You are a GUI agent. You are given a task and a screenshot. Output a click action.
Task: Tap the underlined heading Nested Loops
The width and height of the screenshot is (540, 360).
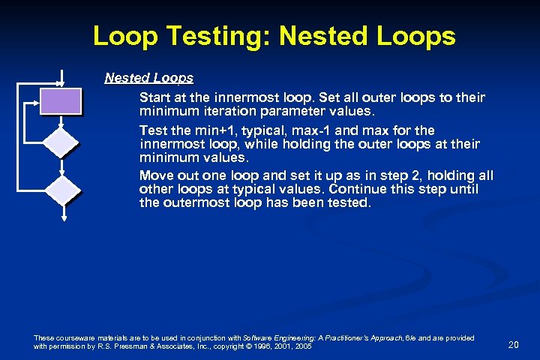point(148,78)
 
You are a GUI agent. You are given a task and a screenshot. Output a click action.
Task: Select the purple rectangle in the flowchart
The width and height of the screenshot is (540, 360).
point(61,100)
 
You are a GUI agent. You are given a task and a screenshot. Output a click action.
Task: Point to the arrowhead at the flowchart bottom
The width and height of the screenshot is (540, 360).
point(63,218)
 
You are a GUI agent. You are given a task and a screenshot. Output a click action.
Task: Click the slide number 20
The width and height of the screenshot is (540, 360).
point(514,344)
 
